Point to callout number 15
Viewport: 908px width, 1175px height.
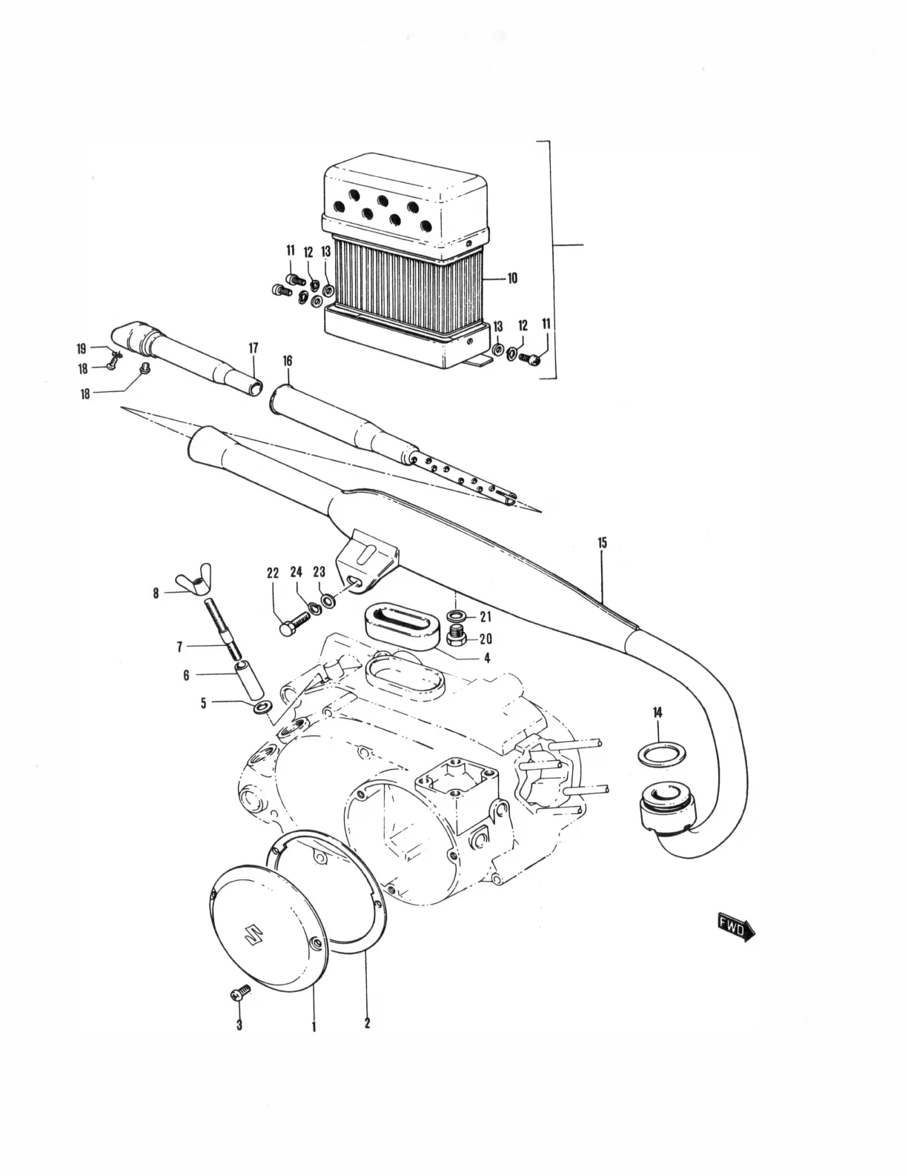pyautogui.click(x=602, y=543)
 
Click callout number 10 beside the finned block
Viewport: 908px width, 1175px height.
pyautogui.click(x=512, y=279)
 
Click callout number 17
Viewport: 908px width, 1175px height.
pyautogui.click(x=253, y=347)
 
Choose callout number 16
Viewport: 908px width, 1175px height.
pyautogui.click(x=288, y=361)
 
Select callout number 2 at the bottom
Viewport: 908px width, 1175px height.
pyautogui.click(x=367, y=1024)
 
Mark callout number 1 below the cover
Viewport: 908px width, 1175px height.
pyautogui.click(x=314, y=1027)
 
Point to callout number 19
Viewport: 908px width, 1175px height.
pyautogui.click(x=82, y=347)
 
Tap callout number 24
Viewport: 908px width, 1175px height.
pyautogui.click(x=296, y=572)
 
